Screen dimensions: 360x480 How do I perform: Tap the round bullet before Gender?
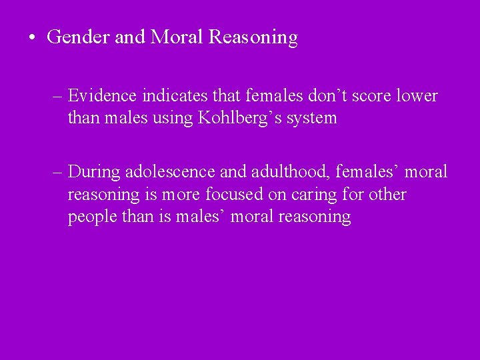(x=32, y=38)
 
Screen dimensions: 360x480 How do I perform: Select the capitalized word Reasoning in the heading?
(x=253, y=38)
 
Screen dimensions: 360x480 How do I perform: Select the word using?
(x=170, y=119)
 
